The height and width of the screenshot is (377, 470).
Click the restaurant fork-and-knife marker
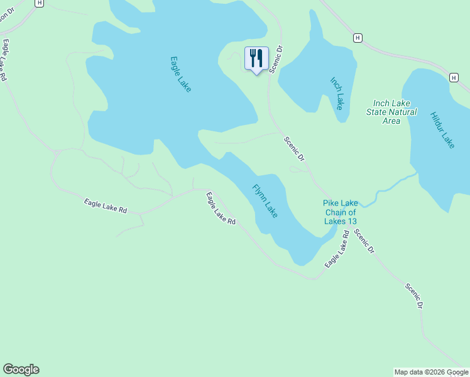[256, 59]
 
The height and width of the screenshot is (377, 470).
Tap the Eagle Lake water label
[180, 74]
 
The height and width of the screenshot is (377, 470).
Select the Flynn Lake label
[265, 201]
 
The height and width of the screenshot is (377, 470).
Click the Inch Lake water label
[337, 93]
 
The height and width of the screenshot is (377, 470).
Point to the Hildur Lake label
[442, 130]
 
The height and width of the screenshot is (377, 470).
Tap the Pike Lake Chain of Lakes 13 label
[341, 212]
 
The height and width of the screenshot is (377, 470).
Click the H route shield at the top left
[40, 3]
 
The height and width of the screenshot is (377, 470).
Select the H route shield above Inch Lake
[358, 38]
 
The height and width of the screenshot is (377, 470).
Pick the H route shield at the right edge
[454, 77]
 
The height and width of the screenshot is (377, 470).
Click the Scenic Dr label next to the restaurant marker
[274, 60]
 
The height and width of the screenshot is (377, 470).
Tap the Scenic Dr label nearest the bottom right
[414, 297]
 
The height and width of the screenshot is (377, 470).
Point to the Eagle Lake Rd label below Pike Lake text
[336, 250]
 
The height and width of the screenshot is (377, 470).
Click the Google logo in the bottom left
[21, 369]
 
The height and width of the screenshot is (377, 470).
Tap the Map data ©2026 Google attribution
[431, 372]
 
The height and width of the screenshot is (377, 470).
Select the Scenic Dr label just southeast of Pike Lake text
[364, 241]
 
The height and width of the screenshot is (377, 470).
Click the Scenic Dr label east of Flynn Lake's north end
[293, 149]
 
